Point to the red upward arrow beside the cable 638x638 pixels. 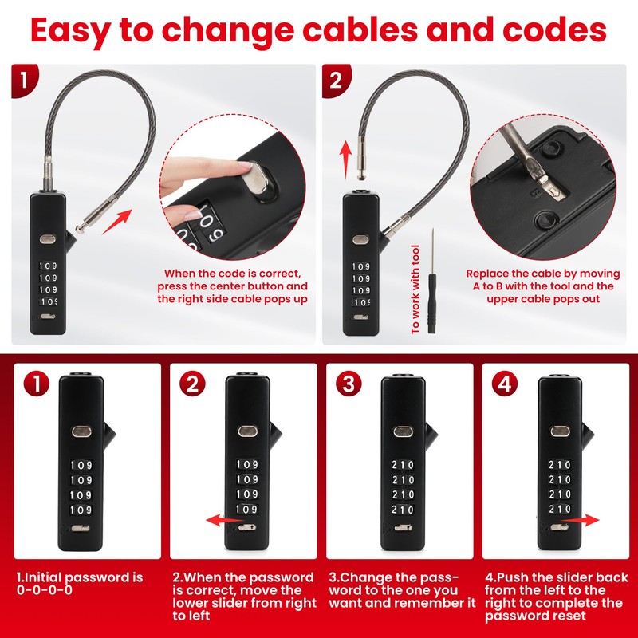click(345, 156)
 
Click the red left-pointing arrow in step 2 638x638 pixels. click(223, 520)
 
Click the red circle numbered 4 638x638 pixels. click(503, 384)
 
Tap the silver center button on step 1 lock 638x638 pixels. click(82, 431)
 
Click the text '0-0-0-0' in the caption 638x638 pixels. click(45, 590)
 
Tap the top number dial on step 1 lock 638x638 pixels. click(81, 465)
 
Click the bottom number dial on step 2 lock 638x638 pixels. click(246, 509)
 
